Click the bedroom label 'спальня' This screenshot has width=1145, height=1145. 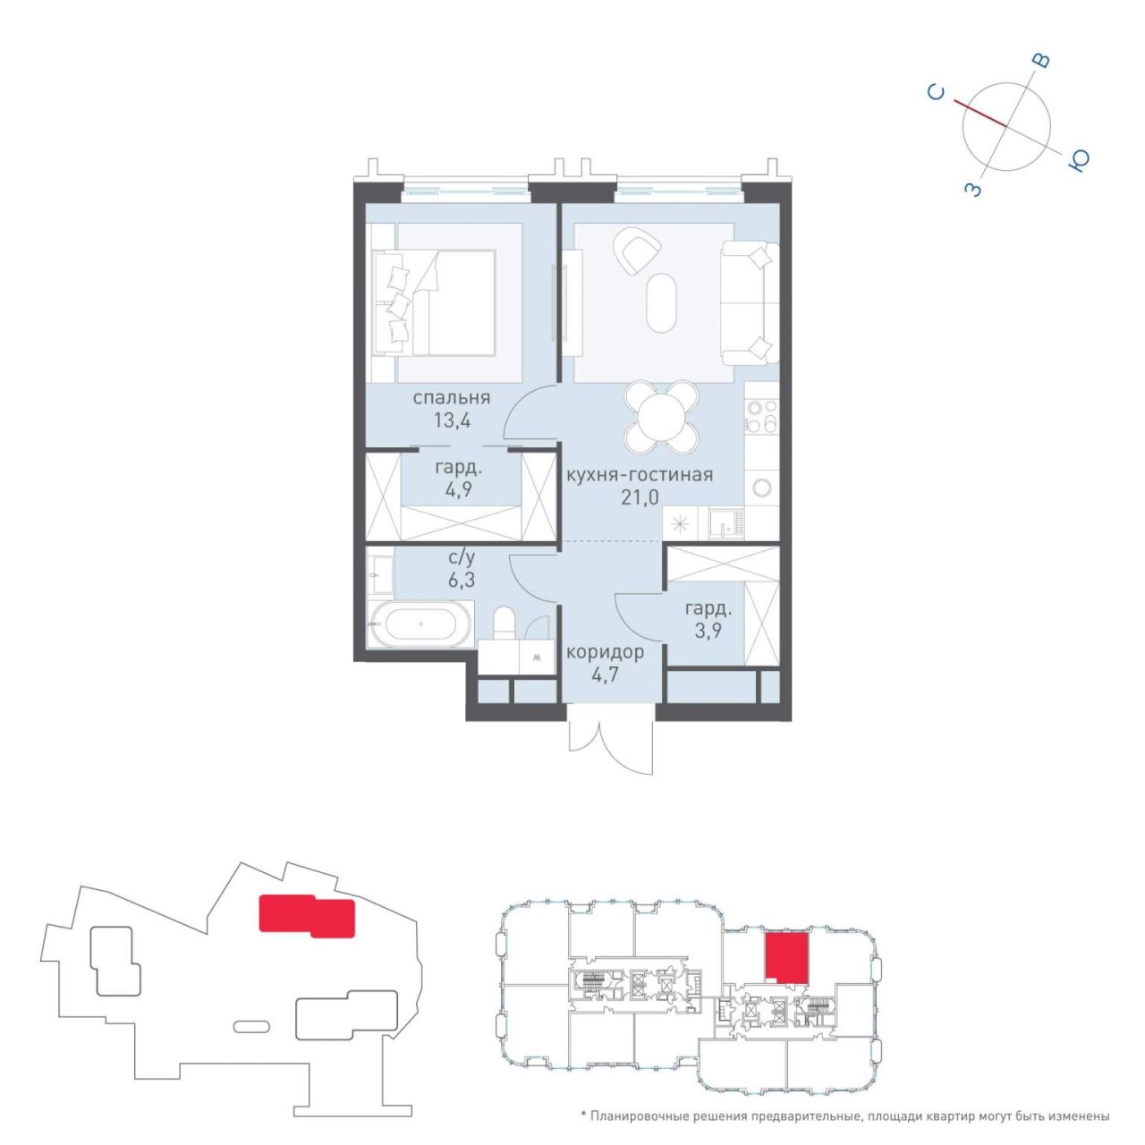[x=452, y=398]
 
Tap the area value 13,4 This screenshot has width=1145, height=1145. [x=452, y=420]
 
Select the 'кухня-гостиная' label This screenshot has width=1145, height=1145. [x=639, y=475]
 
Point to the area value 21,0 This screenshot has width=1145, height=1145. [x=640, y=496]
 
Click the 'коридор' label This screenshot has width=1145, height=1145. [x=605, y=653]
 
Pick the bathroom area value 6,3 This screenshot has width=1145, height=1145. [x=462, y=580]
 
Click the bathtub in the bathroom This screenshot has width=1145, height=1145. [x=420, y=625]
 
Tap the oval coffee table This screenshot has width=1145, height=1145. [x=661, y=302]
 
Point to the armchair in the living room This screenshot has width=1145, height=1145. [x=637, y=251]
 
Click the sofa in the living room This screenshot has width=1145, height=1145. [x=750, y=303]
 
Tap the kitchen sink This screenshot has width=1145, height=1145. [x=725, y=523]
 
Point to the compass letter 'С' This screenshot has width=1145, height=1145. [x=937, y=93]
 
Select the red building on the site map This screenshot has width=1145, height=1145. [x=307, y=916]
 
